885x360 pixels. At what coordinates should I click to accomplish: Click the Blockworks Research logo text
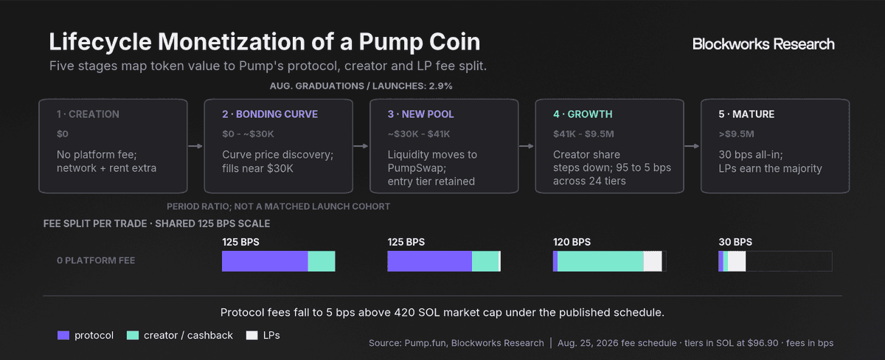763,44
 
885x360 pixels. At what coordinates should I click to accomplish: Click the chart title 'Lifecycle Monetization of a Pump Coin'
264,41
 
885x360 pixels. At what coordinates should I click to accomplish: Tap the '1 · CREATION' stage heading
88,114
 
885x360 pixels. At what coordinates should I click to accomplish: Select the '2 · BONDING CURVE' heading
270,114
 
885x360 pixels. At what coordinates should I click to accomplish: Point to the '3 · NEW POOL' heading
421,114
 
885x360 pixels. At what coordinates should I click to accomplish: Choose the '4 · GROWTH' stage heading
583,114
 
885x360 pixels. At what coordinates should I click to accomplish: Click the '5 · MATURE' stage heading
746,114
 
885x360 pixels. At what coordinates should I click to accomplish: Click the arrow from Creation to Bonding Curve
195,146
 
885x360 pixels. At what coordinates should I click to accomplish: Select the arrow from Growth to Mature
692,146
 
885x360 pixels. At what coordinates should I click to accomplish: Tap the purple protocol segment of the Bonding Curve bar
265,261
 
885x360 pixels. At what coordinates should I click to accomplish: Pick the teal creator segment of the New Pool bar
485,261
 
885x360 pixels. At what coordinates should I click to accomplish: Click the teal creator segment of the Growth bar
600,261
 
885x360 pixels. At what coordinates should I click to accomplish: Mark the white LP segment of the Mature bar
737,261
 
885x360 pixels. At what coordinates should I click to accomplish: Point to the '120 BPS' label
572,242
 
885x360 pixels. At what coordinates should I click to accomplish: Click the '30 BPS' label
735,242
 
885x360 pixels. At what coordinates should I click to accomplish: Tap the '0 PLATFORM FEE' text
96,260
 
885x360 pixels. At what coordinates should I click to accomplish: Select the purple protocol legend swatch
63,336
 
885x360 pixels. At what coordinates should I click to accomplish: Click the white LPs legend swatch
251,336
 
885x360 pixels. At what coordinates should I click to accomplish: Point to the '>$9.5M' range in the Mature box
737,134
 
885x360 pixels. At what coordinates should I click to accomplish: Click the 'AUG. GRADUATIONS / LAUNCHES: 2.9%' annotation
361,86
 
